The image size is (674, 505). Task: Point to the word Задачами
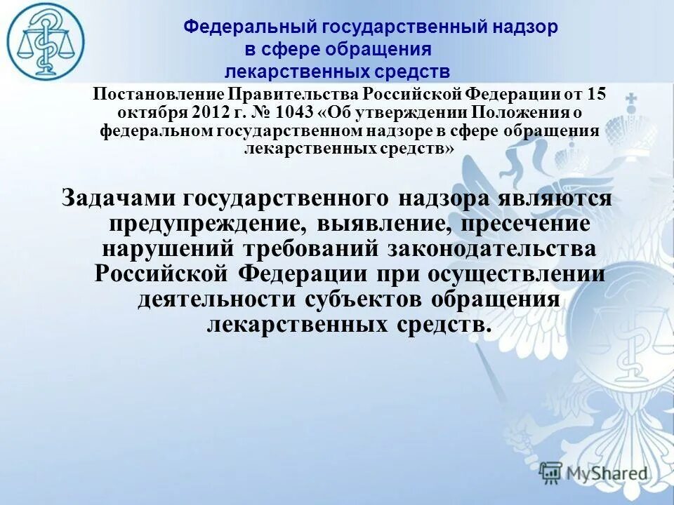tap(119, 198)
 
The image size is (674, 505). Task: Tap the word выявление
tap(383, 224)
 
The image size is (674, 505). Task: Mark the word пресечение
tap(530, 224)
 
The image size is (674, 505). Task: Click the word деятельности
tap(217, 299)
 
